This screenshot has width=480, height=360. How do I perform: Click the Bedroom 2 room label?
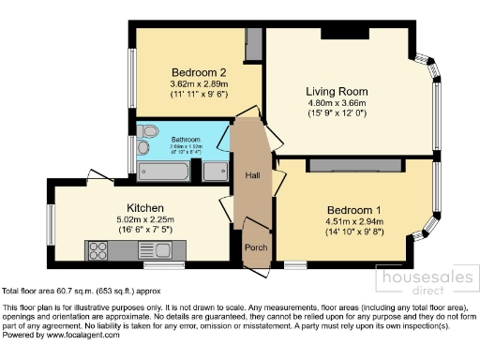199,72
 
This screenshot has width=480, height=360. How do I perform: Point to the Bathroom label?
186,140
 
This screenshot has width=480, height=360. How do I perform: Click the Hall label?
252,174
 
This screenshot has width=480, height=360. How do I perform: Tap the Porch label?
256,247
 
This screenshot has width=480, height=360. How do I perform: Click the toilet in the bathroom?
148,130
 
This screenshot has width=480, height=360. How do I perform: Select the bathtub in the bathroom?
165,171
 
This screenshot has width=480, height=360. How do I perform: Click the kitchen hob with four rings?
97,249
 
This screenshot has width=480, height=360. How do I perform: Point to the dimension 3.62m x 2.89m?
199,84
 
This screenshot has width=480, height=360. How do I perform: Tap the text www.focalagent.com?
80,335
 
